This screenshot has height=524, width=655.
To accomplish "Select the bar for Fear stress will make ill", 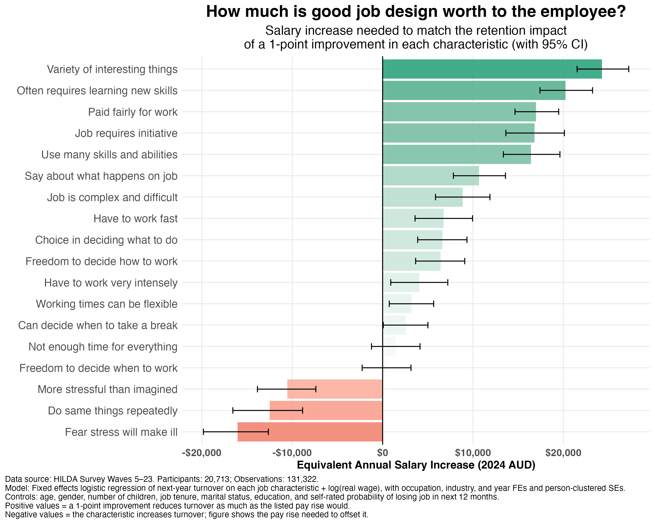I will [310, 432].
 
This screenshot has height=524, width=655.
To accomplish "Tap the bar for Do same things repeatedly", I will [326, 410].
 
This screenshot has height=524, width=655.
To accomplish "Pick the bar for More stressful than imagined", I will [334, 389].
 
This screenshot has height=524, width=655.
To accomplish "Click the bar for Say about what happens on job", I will [431, 176].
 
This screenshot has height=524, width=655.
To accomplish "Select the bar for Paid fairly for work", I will [459, 112].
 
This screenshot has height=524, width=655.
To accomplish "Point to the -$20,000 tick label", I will [202, 453].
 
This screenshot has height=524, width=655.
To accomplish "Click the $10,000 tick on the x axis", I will [473, 453].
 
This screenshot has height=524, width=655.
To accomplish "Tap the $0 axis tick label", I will [383, 453].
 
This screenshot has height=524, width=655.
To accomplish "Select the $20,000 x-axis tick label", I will [563, 453].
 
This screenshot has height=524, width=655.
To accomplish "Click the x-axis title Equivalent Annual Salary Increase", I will [416, 465].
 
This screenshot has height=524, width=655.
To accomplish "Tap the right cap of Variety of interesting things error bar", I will [629, 69].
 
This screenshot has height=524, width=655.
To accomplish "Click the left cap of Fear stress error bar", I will [203, 432].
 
